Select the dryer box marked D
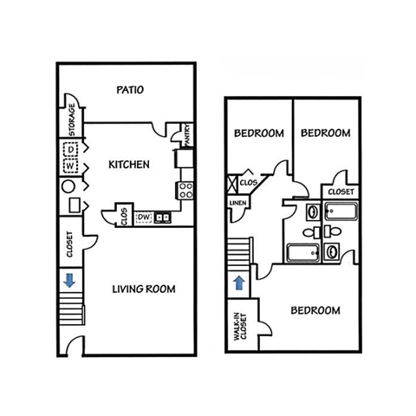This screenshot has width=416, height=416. [72, 149]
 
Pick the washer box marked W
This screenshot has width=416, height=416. [72, 165]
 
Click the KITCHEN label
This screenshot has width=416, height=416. [129, 164]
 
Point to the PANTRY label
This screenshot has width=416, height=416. [186, 135]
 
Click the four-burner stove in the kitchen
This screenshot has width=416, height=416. [185, 190]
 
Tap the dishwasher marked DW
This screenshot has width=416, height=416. [144, 217]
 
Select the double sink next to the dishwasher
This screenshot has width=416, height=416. [162, 216]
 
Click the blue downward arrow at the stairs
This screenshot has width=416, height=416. [67, 280]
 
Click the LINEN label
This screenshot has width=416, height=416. [237, 204]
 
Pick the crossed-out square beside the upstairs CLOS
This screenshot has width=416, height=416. [231, 183]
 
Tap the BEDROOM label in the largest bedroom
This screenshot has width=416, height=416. [315, 310]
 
